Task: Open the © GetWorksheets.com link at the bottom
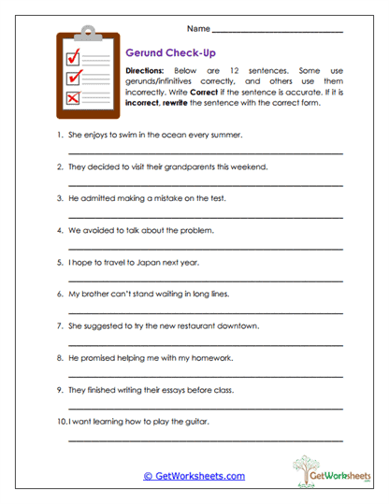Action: [194, 476]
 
